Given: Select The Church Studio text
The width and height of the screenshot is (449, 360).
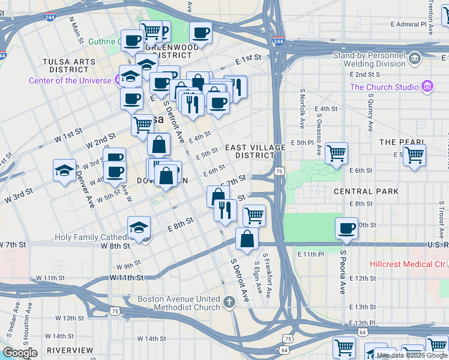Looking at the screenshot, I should point(384,87).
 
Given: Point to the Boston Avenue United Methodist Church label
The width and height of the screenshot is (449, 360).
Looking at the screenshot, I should point(179,303).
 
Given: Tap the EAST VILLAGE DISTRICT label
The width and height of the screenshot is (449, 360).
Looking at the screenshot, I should point(250,151).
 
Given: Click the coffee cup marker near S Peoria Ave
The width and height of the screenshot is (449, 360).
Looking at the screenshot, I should point(346,229).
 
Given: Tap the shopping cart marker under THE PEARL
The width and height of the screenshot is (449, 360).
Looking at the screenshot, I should point(414,155).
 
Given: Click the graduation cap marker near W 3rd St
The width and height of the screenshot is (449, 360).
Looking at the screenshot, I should point(64,170).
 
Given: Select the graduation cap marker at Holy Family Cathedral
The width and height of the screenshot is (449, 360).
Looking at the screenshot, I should point(139,228).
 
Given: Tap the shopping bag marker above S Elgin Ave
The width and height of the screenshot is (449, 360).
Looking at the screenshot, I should point(247,238).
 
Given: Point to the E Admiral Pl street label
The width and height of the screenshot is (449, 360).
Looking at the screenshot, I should point(411,25).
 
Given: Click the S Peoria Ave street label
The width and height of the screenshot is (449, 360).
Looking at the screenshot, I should point(342,272).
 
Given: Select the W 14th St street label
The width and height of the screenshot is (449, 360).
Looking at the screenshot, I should point(66,337).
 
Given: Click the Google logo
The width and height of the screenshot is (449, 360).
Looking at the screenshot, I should point(20,353).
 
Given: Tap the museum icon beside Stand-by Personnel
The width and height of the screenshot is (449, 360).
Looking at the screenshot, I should point(415,58).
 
